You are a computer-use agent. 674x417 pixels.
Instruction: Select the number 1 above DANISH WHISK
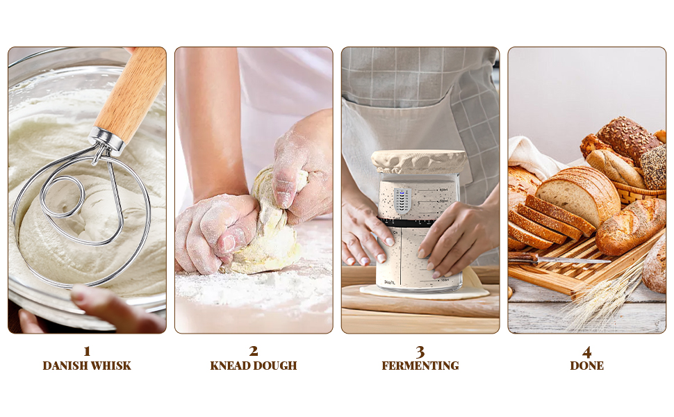(87, 351)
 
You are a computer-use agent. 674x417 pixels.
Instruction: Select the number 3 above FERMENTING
(420, 351)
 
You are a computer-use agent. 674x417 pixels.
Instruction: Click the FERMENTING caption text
(420, 366)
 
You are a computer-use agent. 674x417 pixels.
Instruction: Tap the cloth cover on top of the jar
(419, 162)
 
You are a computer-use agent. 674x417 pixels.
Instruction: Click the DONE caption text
(586, 366)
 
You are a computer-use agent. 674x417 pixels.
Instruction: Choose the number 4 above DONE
(586, 351)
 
